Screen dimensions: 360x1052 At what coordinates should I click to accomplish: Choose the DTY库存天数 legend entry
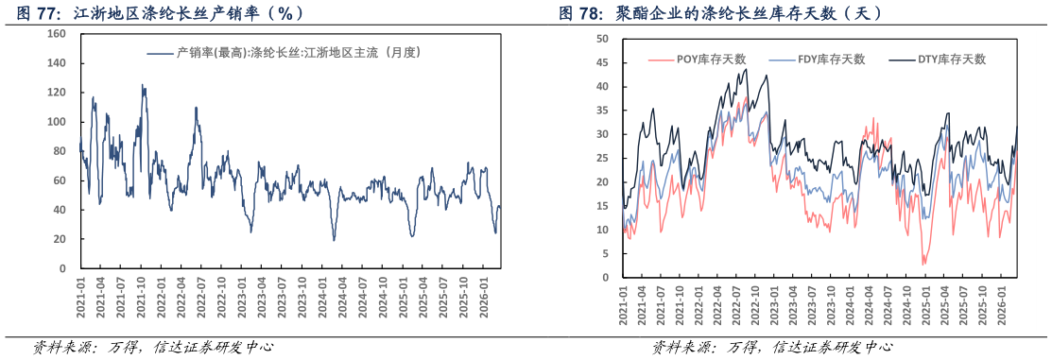tap(940, 60)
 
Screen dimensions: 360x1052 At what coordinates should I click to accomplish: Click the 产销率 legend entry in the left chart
tap(285, 53)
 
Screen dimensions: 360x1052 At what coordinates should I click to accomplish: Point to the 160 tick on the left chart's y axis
tap(56, 34)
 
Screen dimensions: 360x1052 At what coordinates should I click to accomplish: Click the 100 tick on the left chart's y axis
tap(56, 122)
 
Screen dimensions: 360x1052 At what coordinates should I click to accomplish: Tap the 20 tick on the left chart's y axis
tap(59, 239)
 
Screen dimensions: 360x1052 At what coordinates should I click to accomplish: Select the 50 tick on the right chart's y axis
tap(602, 39)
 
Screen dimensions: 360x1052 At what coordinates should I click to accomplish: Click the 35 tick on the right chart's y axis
tap(602, 111)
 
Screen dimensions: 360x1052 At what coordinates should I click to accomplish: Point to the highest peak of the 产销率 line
tap(143, 85)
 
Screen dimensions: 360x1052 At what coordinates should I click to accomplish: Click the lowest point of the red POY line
tap(923, 265)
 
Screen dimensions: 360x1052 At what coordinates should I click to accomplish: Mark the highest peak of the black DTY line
tap(746, 69)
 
